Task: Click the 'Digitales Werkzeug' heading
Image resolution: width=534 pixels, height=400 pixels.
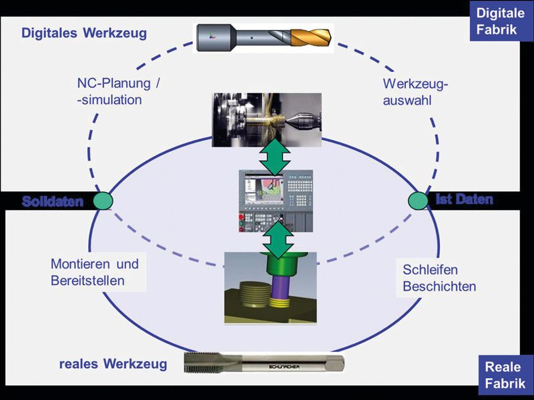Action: pyautogui.click(x=83, y=33)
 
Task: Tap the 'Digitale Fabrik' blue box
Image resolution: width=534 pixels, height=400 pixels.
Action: pyautogui.click(x=501, y=21)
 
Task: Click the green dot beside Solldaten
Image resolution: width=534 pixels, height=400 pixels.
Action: pyautogui.click(x=103, y=201)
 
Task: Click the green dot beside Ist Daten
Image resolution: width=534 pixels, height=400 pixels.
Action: pyautogui.click(x=419, y=200)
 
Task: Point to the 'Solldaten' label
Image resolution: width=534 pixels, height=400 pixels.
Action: pyautogui.click(x=53, y=201)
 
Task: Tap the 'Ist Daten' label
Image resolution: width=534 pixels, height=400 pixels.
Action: pyautogui.click(x=464, y=199)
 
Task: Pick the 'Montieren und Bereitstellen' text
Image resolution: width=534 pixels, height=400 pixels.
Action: pyautogui.click(x=95, y=272)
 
